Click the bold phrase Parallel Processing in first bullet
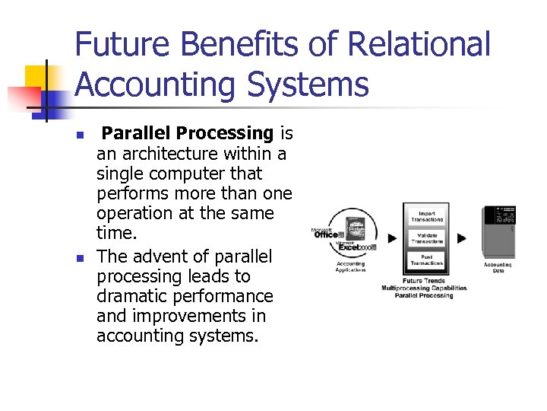pos(188,134)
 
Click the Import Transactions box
pos(427,216)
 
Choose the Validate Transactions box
pos(427,239)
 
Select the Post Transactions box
pos(427,261)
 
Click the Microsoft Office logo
pos(329,234)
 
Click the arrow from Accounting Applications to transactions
pos(392,238)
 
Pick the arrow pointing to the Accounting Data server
pos(462,238)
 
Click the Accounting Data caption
pos(498,267)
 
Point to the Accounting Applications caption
pos(350,266)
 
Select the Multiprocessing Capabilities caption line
pos(424,288)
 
